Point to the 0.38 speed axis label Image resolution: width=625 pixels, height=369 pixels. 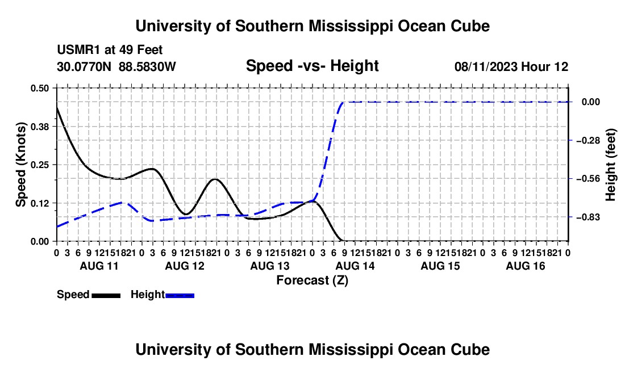39,127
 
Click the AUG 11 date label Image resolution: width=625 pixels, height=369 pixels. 99,266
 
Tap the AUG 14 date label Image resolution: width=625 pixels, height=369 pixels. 355,266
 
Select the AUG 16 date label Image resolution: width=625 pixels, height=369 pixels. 526,266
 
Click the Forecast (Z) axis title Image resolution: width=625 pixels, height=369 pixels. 312,280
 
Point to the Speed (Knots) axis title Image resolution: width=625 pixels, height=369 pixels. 20,165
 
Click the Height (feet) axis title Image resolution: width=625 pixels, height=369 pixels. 610,165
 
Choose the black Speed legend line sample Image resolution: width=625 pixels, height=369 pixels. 106,295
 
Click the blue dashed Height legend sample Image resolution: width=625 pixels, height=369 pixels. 180,295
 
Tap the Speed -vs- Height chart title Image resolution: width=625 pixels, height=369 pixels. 312,66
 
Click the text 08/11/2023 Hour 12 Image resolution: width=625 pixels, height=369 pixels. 511,66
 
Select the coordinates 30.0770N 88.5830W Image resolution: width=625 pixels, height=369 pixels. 116,66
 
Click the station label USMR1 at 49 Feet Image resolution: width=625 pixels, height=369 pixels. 110,50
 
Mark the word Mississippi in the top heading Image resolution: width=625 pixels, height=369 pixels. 351,26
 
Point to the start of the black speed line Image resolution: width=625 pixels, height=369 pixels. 57,107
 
